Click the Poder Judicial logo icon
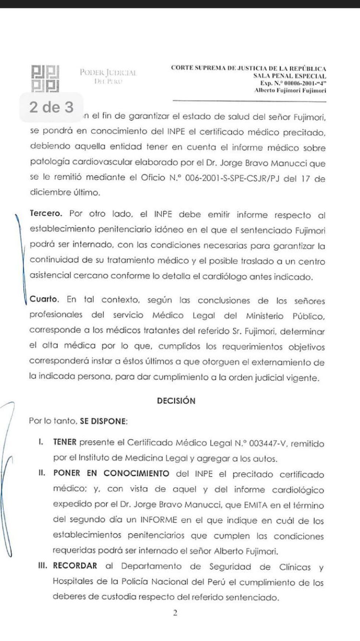46,78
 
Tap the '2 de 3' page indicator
51,107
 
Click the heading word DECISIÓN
176,401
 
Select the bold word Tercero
46,213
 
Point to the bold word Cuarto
44,299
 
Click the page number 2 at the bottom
175,613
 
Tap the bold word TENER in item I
65,442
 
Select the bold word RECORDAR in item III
75,566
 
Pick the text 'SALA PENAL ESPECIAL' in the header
289,76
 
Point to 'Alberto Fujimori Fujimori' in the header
290,90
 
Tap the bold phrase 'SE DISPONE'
103,421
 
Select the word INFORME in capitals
158,520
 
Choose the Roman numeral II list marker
42,473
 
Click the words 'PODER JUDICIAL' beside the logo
108,72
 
